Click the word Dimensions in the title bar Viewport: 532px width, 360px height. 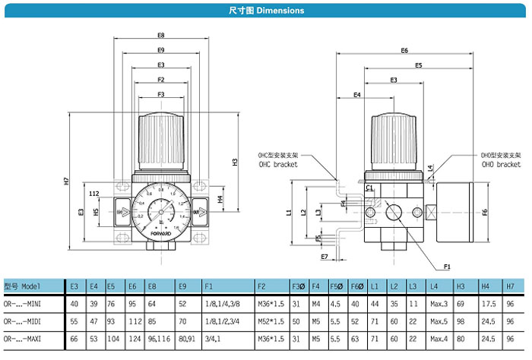(x=280, y=11)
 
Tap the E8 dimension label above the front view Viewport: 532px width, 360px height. (x=161, y=36)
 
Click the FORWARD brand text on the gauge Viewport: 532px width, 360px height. (x=161, y=233)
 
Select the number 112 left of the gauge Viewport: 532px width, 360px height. (x=95, y=194)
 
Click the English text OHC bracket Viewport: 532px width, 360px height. (x=277, y=164)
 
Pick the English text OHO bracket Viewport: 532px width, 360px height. (x=501, y=164)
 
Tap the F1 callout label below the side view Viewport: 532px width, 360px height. (x=447, y=267)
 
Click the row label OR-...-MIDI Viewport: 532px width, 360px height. (x=27, y=321)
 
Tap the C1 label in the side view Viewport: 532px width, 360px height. (x=368, y=188)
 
